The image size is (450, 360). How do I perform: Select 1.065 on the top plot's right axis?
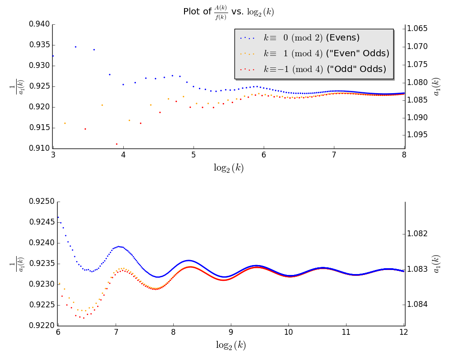[x=417, y=29]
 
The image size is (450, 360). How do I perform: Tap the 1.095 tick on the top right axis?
[x=417, y=135]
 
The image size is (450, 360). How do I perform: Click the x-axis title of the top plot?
[x=229, y=168]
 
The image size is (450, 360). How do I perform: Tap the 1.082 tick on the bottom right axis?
[x=417, y=234]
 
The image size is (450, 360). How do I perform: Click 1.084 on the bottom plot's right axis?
[x=417, y=305]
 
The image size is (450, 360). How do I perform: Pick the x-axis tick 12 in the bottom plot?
[x=403, y=332]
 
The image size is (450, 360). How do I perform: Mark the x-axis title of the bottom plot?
[x=231, y=345]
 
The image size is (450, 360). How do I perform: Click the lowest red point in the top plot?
[x=117, y=144]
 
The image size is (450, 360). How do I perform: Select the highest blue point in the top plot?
[x=75, y=47]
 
